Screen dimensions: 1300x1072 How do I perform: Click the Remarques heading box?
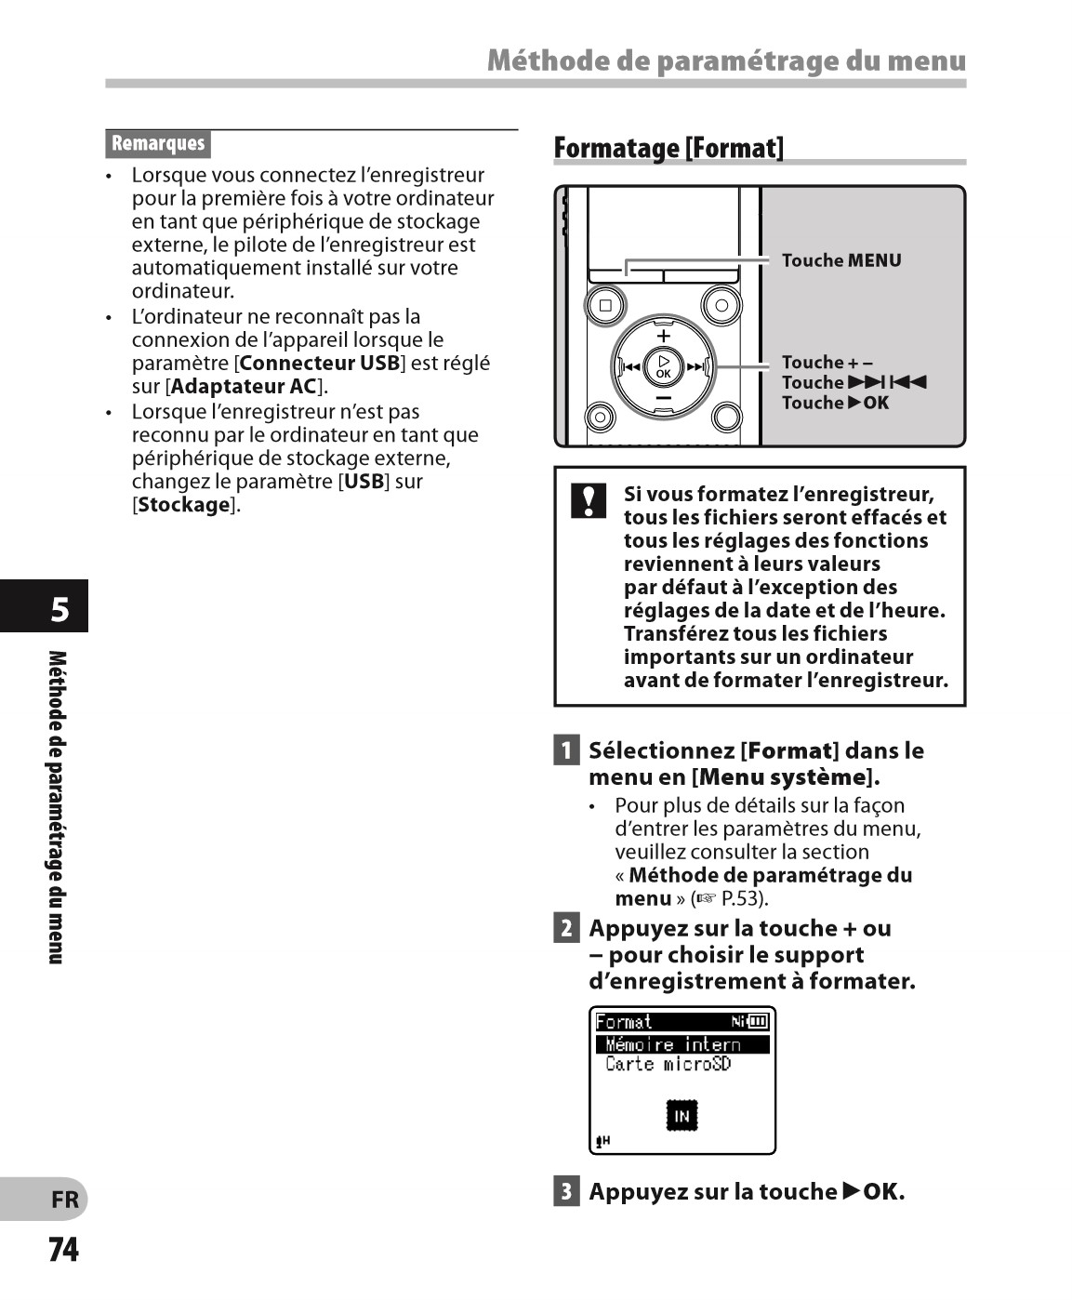[158, 143]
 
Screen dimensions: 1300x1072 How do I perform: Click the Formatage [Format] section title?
[668, 148]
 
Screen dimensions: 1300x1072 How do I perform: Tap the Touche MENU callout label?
[840, 260]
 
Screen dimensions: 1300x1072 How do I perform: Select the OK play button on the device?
[663, 366]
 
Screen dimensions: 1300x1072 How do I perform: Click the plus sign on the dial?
[663, 336]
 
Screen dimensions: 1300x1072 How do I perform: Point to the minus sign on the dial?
[663, 398]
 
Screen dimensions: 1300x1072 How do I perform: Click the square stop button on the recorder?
[606, 305]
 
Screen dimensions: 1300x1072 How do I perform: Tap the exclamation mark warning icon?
[589, 500]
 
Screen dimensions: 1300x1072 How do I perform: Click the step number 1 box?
[566, 749]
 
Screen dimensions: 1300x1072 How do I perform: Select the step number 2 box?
[566, 927]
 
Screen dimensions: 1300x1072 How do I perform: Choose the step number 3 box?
[566, 1190]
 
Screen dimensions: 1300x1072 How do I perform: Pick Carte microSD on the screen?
[668, 1064]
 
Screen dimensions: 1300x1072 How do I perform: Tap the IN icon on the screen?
[682, 1115]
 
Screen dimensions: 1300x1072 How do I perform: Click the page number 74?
[63, 1249]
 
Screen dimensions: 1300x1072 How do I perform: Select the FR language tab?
[64, 1200]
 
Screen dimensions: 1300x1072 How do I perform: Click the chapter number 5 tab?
[59, 609]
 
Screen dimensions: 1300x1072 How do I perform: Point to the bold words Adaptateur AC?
[244, 386]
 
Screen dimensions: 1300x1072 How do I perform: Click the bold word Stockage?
[184, 505]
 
